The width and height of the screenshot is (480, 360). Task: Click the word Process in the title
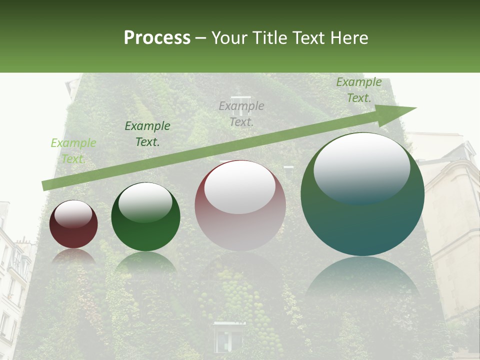pyautogui.click(x=157, y=38)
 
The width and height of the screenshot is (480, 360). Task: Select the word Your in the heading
pyautogui.click(x=229, y=38)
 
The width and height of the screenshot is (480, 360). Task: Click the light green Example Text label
pyautogui.click(x=73, y=150)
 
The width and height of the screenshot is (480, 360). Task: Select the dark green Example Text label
pyautogui.click(x=147, y=133)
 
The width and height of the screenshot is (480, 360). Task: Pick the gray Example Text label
pyautogui.click(x=241, y=113)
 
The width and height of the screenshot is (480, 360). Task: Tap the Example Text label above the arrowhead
pyautogui.click(x=359, y=90)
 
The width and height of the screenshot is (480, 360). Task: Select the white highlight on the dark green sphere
pyautogui.click(x=145, y=202)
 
